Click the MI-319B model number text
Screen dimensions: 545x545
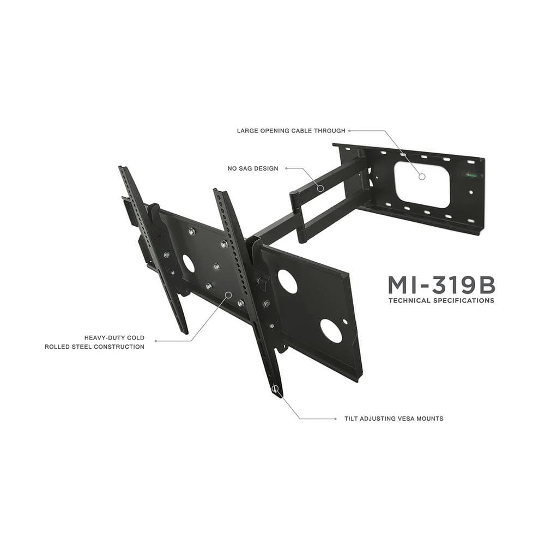[441, 285]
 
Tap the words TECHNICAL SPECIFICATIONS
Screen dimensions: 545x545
[441, 301]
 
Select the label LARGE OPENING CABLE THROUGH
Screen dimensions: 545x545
[291, 131]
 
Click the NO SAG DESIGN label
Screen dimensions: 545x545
[253, 168]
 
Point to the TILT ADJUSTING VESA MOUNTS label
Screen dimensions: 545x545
[394, 419]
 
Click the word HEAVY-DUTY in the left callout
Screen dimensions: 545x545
[104, 337]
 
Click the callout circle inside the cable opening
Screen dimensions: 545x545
[422, 177]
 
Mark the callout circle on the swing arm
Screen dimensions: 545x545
[320, 189]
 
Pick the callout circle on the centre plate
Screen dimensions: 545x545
[229, 295]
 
